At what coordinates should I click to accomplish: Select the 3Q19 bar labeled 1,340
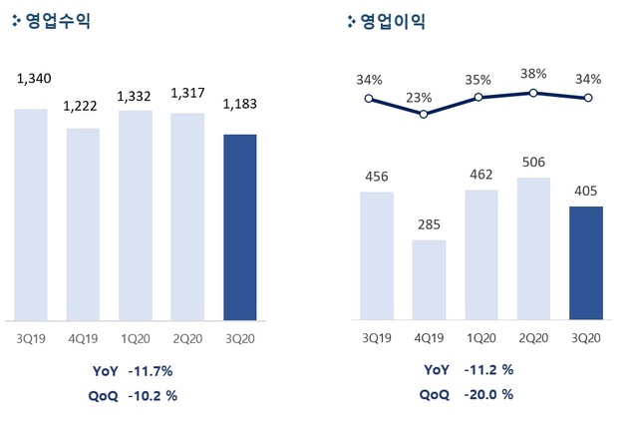pyautogui.click(x=31, y=213)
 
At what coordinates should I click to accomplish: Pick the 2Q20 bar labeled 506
pyautogui.click(x=533, y=248)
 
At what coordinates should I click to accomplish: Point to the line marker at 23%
pyautogui.click(x=424, y=114)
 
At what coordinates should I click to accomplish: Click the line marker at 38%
pyautogui.click(x=533, y=93)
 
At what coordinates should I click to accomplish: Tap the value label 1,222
pyautogui.click(x=83, y=107)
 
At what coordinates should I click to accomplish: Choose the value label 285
pyautogui.click(x=429, y=223)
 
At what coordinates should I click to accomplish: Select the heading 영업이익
pyautogui.click(x=390, y=21)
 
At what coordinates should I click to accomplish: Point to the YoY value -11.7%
pyautogui.click(x=152, y=371)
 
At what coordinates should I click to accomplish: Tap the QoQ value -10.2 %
pyautogui.click(x=153, y=394)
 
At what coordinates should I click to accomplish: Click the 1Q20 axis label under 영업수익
pyautogui.click(x=136, y=338)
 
